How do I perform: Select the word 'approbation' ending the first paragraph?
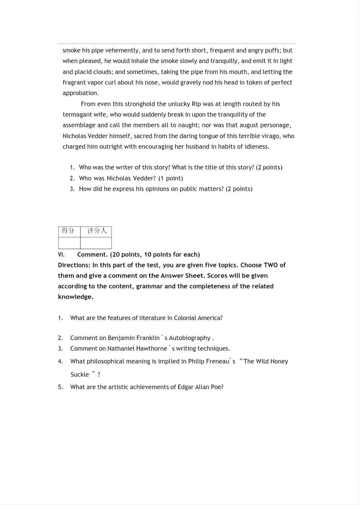(80, 93)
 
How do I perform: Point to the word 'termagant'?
(77, 114)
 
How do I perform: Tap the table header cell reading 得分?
(69, 231)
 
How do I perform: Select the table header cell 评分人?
(96, 231)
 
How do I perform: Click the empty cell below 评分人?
(96, 243)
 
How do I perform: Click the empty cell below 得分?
(69, 243)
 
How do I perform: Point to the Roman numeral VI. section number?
(61, 255)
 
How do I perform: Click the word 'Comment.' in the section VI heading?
(92, 255)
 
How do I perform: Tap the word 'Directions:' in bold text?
(74, 265)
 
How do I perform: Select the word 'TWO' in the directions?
(270, 265)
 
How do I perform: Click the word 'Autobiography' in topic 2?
(189, 338)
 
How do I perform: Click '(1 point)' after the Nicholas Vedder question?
(171, 179)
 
